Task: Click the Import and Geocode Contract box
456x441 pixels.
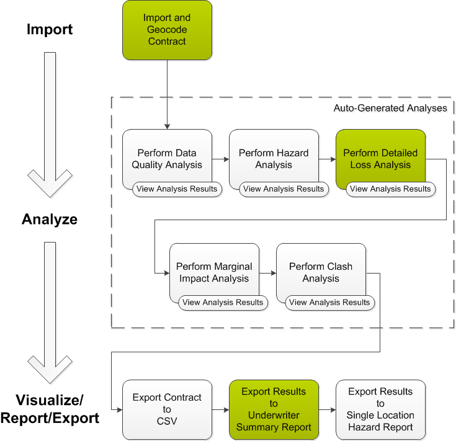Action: [x=167, y=30]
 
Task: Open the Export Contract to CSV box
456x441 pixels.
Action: [x=167, y=409]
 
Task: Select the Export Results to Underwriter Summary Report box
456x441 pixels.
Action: [x=274, y=409]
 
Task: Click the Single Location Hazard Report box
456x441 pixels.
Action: [x=380, y=409]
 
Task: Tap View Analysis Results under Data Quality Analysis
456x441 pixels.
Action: [x=177, y=189]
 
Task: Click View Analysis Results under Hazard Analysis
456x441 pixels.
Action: [x=284, y=189]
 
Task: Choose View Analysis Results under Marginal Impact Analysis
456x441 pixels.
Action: [x=223, y=303]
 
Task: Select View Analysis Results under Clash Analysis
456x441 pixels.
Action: [x=329, y=303]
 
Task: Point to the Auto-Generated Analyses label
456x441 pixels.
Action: [x=390, y=108]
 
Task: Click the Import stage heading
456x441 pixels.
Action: [x=50, y=29]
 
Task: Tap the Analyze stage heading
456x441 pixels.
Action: [x=50, y=219]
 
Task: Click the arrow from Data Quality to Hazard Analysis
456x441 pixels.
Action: [x=220, y=159]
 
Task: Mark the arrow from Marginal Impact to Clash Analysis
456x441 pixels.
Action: [x=267, y=273]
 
